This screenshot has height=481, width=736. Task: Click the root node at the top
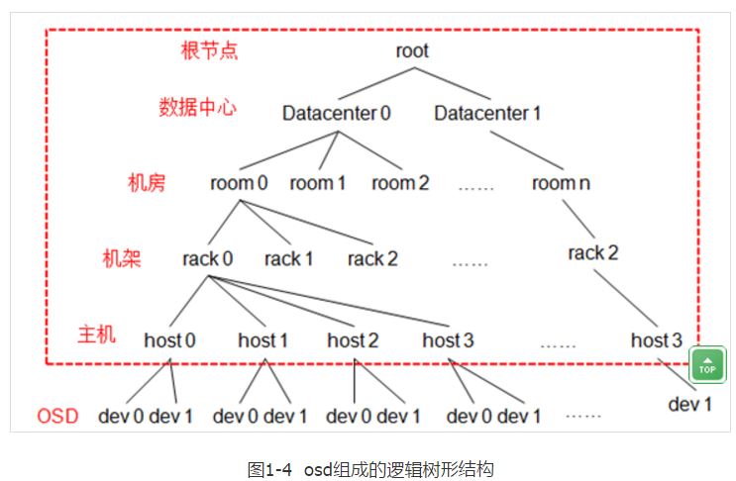click(x=411, y=50)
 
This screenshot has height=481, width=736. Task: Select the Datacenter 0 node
click(x=336, y=113)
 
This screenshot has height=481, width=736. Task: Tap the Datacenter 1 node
click(x=487, y=113)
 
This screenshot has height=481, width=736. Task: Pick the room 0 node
click(x=239, y=183)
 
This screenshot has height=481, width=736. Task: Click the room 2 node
click(x=400, y=183)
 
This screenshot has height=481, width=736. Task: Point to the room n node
click(x=554, y=183)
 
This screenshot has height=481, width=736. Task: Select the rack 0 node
click(x=207, y=259)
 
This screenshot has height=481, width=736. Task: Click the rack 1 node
click(x=288, y=259)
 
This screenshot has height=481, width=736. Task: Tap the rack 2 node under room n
click(x=593, y=252)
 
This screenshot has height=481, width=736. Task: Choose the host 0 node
click(x=169, y=340)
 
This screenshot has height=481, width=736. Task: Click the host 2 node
click(x=353, y=340)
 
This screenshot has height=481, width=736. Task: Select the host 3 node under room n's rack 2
click(x=656, y=340)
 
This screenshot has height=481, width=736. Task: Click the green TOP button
click(x=707, y=364)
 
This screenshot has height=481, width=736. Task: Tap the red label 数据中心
click(x=198, y=107)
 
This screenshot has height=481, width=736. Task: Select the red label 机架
click(x=122, y=258)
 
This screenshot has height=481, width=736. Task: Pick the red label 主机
click(x=96, y=334)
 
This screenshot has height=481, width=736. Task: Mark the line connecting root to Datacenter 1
click(x=451, y=82)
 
